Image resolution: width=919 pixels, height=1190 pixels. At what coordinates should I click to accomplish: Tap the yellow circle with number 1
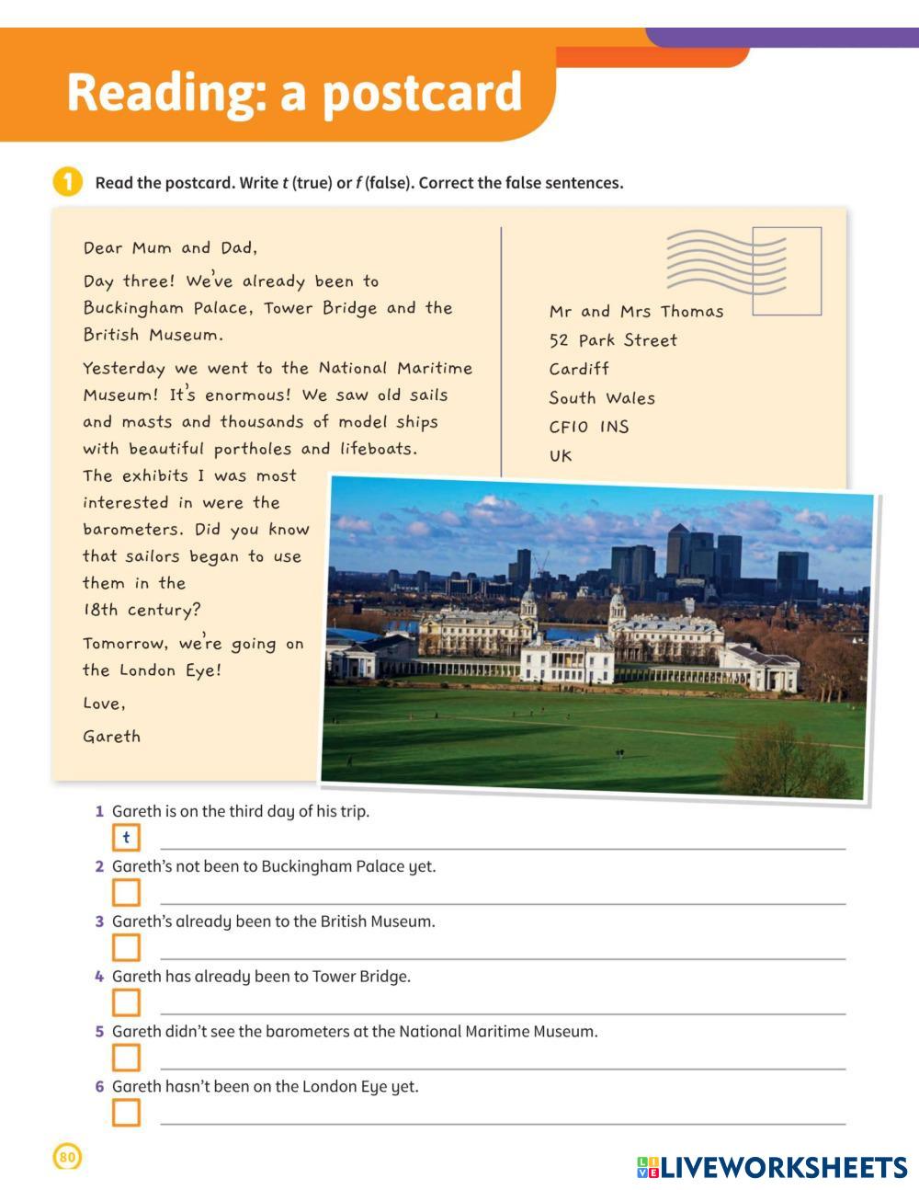(67, 182)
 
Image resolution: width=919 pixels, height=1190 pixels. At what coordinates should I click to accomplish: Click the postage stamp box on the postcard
(787, 270)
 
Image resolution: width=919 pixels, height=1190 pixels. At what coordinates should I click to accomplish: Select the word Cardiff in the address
(579, 369)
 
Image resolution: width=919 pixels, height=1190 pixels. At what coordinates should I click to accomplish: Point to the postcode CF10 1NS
(589, 427)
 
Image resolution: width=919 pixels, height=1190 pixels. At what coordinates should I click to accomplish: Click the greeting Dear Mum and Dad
(170, 247)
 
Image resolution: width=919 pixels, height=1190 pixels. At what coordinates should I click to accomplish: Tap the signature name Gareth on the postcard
(112, 737)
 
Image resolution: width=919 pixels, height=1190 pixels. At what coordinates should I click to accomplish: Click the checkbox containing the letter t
(126, 838)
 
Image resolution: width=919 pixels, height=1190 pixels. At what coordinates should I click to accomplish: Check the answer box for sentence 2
(126, 893)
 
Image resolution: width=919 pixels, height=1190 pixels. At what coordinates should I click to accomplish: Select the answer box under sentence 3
(126, 948)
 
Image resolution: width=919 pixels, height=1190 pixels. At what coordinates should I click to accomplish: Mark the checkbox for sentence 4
(126, 1002)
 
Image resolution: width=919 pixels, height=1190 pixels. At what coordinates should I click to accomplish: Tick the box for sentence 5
(126, 1058)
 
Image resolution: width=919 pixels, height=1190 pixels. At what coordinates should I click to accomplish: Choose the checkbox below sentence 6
(126, 1113)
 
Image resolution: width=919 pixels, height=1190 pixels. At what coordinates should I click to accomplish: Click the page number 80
(68, 1157)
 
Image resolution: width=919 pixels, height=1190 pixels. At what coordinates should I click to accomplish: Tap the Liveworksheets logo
(772, 1167)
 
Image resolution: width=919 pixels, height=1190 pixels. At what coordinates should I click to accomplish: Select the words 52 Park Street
(613, 340)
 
